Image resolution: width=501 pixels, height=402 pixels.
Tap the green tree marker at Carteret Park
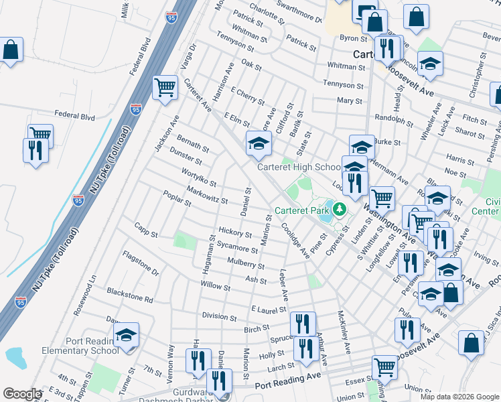[x=340, y=209]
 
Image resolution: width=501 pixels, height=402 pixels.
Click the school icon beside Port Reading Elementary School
[x=126, y=337]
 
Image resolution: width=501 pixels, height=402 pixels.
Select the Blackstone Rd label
[x=130, y=295]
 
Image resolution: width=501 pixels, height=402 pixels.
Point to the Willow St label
[x=215, y=287]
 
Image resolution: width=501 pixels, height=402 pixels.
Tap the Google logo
[x=22, y=394]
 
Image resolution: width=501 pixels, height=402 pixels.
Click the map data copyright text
[x=459, y=397]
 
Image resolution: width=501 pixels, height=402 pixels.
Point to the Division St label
[x=215, y=316]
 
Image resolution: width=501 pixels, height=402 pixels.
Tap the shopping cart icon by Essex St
[x=384, y=366]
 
